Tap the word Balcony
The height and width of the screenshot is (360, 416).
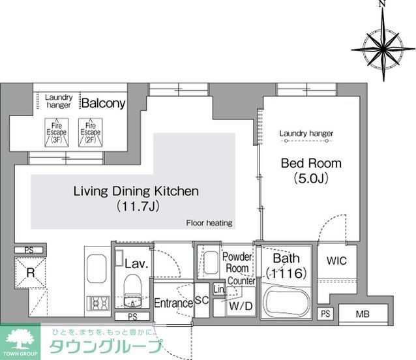click(x=103, y=104)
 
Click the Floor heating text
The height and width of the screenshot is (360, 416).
click(x=209, y=223)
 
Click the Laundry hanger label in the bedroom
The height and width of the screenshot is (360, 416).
click(x=306, y=134)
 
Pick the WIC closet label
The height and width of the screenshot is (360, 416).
click(x=336, y=260)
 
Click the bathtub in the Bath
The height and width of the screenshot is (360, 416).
click(x=288, y=305)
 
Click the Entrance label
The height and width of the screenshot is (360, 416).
click(x=173, y=303)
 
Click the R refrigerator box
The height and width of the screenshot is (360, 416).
click(x=29, y=274)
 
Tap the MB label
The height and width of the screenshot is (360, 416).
click(x=363, y=314)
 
